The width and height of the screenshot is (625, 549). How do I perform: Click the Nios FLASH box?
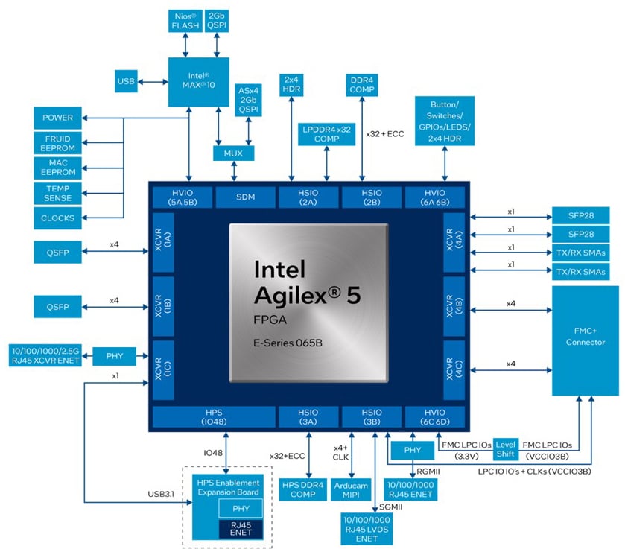click(x=185, y=20)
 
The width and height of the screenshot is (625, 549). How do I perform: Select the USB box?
click(x=126, y=80)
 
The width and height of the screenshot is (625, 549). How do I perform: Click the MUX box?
click(x=234, y=153)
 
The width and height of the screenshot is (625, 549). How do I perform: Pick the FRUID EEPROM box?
click(x=57, y=142)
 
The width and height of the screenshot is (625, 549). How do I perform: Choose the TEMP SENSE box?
click(x=57, y=193)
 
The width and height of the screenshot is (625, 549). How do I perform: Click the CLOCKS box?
click(x=57, y=218)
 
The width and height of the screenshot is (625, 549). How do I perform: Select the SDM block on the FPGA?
click(x=244, y=197)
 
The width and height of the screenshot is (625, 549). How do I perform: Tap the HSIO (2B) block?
click(x=371, y=197)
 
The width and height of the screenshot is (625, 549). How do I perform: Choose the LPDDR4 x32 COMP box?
click(x=326, y=133)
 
